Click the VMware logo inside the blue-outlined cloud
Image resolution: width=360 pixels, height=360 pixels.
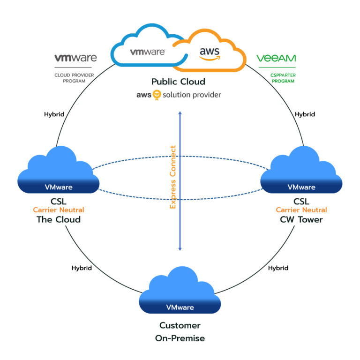click(x=147, y=52)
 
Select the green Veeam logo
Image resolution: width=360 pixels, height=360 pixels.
click(x=276, y=59)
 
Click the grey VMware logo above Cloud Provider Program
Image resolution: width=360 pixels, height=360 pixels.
click(x=75, y=58)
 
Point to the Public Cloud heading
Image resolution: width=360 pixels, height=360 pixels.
click(x=178, y=82)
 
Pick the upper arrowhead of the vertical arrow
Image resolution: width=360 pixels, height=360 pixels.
click(x=180, y=112)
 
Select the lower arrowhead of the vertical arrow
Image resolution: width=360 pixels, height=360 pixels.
click(x=180, y=248)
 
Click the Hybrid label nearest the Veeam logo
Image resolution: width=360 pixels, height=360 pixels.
click(x=305, y=114)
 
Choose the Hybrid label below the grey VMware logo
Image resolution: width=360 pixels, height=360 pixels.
click(x=54, y=114)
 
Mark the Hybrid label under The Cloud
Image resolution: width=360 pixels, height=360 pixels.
click(x=82, y=268)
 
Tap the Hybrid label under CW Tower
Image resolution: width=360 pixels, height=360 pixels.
click(x=278, y=268)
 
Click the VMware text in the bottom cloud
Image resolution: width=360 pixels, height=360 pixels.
click(x=180, y=307)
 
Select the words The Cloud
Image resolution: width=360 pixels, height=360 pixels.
click(x=59, y=219)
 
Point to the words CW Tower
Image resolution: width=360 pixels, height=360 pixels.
click(x=301, y=219)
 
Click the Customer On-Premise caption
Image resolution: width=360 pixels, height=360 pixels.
click(x=180, y=331)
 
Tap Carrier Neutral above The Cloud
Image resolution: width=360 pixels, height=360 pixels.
click(x=59, y=210)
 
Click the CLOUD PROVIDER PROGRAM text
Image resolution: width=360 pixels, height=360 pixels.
click(x=75, y=77)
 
